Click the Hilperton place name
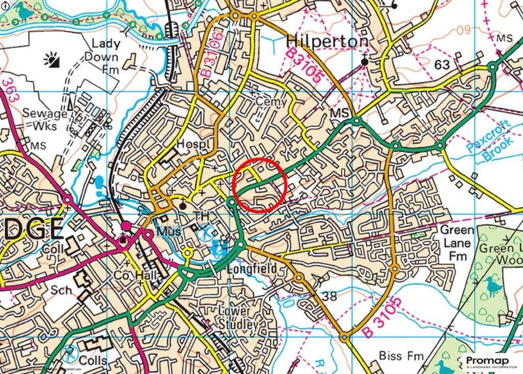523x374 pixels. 327,40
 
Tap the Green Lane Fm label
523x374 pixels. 457,243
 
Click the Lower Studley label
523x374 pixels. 234,317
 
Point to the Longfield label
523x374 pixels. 251,269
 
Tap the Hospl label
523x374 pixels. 194,145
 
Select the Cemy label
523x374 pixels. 269,102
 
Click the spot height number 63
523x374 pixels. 442,65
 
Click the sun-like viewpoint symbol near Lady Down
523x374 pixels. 52,61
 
